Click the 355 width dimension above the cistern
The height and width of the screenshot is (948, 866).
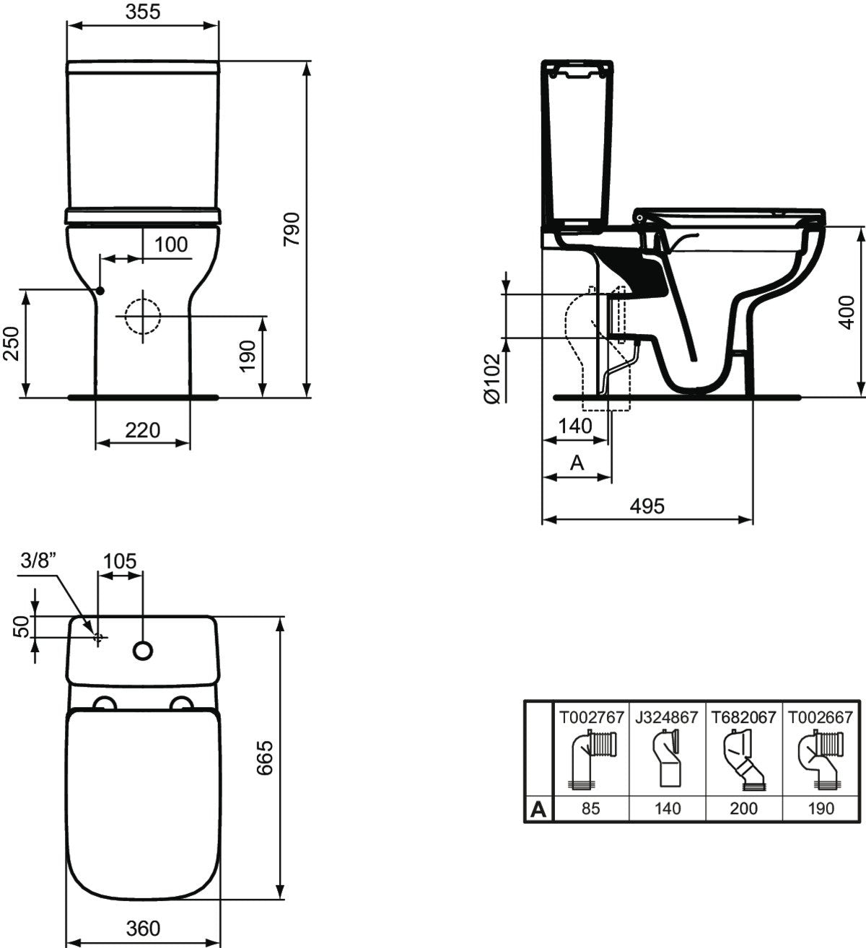142,12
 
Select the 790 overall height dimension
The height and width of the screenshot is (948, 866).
291,230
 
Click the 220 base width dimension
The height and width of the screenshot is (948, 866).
142,431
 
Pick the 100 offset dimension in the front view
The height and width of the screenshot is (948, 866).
170,245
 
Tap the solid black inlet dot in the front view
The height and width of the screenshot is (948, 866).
100,290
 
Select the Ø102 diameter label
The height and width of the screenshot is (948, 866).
492,377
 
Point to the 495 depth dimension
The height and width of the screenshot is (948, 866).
647,506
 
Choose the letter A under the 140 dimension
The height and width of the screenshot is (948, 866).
577,462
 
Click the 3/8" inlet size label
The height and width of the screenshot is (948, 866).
38,561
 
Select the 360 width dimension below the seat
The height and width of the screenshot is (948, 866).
142,928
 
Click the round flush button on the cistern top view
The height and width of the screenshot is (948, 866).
143,651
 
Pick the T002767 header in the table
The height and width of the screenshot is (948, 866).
590,717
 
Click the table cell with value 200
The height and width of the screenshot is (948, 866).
743,808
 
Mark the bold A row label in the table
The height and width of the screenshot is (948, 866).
538,809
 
